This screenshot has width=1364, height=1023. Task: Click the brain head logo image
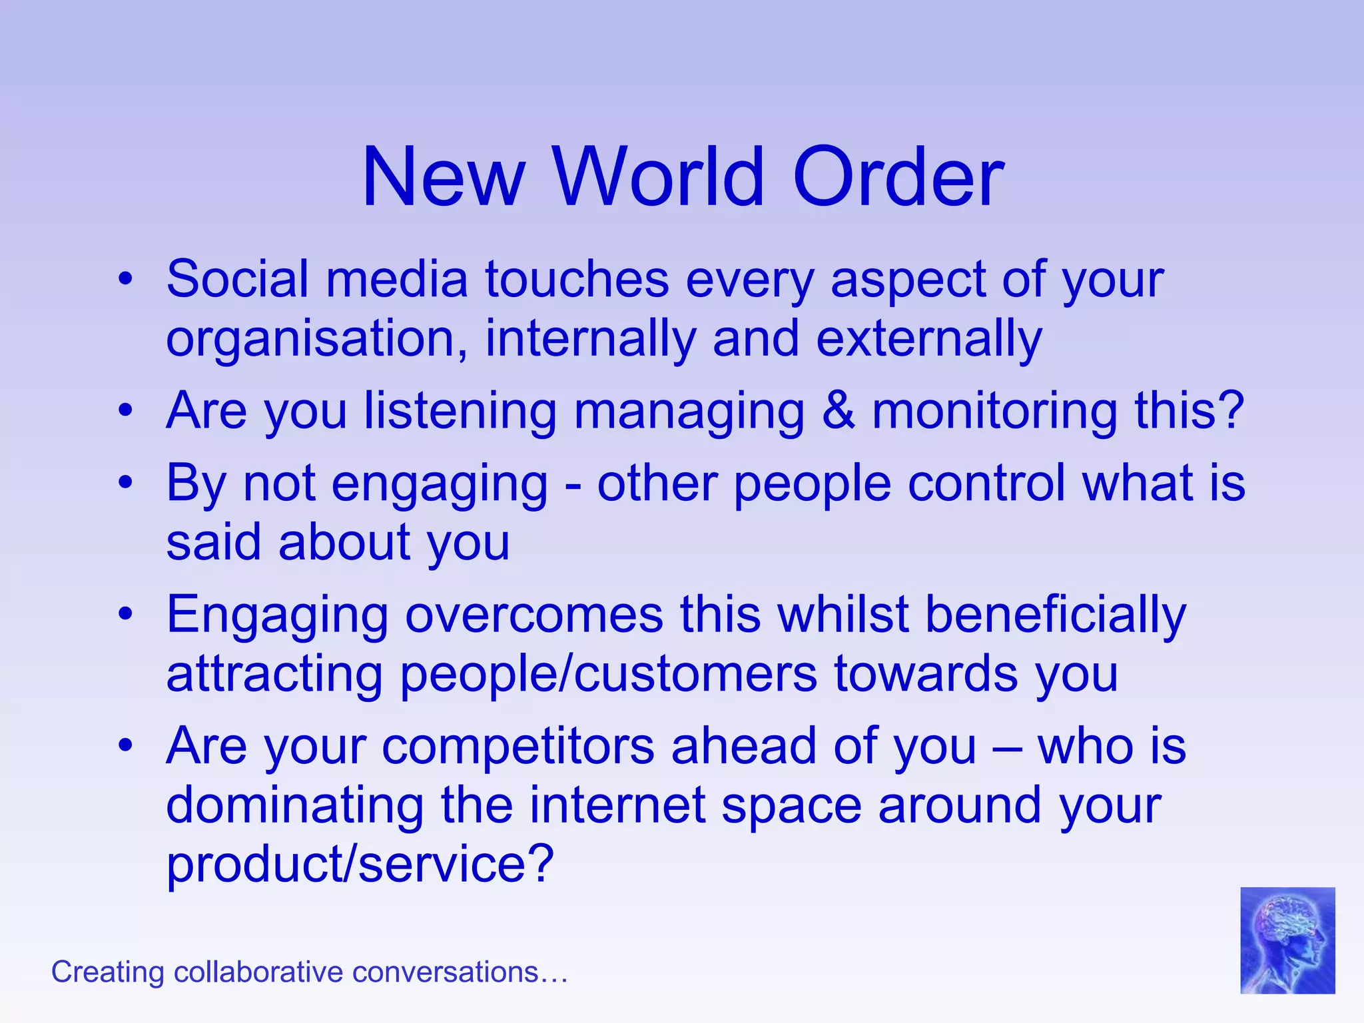[x=1287, y=940]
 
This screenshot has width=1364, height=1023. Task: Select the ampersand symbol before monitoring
[x=838, y=410]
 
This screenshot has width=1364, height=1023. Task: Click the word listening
[x=460, y=412]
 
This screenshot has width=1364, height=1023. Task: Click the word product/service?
[x=360, y=864]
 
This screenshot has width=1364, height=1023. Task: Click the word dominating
[x=294, y=806]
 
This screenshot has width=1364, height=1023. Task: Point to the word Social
[x=237, y=279]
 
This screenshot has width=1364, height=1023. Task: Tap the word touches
[x=577, y=279]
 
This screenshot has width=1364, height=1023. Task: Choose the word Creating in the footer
[x=107, y=972]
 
